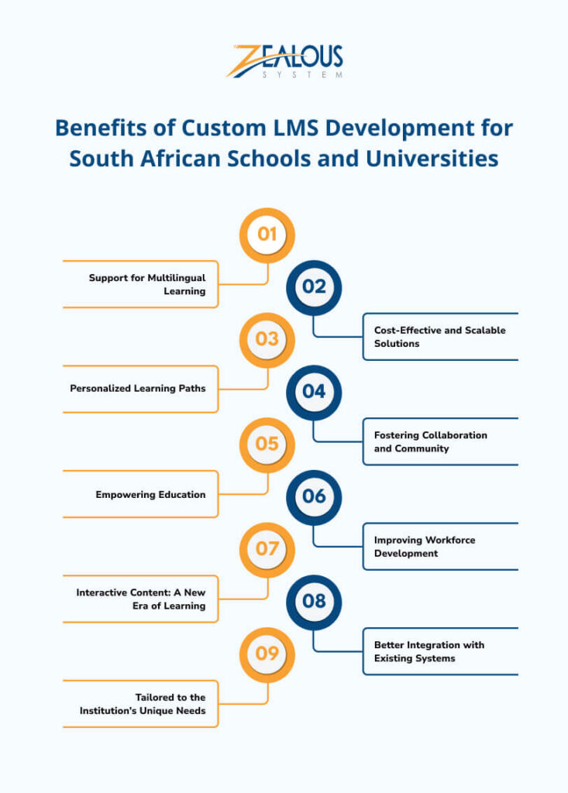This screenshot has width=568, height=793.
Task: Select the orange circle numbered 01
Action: tap(267, 235)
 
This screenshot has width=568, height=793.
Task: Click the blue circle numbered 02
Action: tap(314, 287)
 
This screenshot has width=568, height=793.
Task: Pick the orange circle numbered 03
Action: tap(267, 339)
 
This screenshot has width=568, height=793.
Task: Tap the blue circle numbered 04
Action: tap(314, 392)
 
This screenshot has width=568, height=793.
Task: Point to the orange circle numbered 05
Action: tap(267, 444)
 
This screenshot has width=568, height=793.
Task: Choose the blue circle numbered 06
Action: tap(314, 496)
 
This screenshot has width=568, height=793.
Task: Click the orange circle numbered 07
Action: tap(267, 548)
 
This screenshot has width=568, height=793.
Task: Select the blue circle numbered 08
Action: tap(314, 601)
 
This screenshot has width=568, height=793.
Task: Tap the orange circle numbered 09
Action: tap(267, 654)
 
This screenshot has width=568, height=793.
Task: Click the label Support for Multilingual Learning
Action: tap(147, 284)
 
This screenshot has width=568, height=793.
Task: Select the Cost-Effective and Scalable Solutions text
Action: tap(439, 337)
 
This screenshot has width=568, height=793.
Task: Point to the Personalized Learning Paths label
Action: tap(138, 388)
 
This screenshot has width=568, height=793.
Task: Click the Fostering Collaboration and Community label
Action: tap(430, 441)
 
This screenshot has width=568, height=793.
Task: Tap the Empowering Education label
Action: tap(150, 494)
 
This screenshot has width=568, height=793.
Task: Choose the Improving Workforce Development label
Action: tap(424, 547)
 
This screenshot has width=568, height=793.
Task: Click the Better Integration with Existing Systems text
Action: tap(429, 651)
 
